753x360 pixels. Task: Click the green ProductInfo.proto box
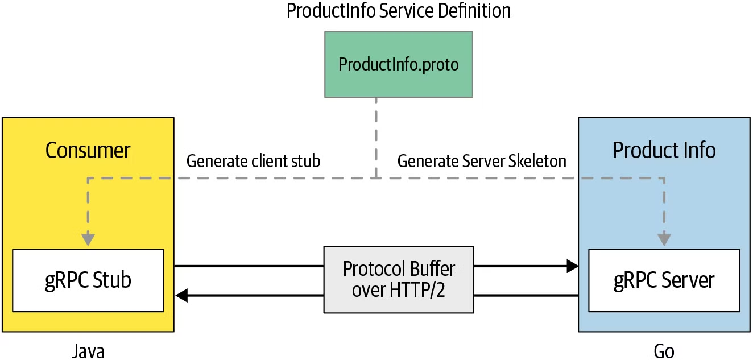pos(398,64)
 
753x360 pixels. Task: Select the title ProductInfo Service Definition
pos(398,11)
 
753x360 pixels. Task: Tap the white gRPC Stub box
pos(88,280)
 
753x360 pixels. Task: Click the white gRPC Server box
pos(664,280)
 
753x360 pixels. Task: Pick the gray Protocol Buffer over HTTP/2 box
pos(398,279)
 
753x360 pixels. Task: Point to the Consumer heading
pos(88,150)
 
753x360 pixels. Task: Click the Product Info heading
pos(664,150)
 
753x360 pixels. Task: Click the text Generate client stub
pos(253,161)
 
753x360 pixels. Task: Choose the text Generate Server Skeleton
pos(481,161)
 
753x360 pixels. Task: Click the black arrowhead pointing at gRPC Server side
pos(572,266)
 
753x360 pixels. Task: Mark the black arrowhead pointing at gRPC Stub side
pos(181,295)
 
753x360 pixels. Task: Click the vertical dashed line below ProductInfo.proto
pos(375,136)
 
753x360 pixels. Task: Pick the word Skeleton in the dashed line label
pos(537,161)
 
